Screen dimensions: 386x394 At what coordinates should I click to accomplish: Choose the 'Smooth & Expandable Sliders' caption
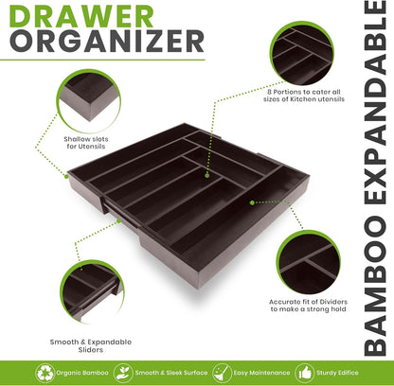89,343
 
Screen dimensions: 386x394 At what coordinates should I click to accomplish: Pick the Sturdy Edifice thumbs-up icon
302,372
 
